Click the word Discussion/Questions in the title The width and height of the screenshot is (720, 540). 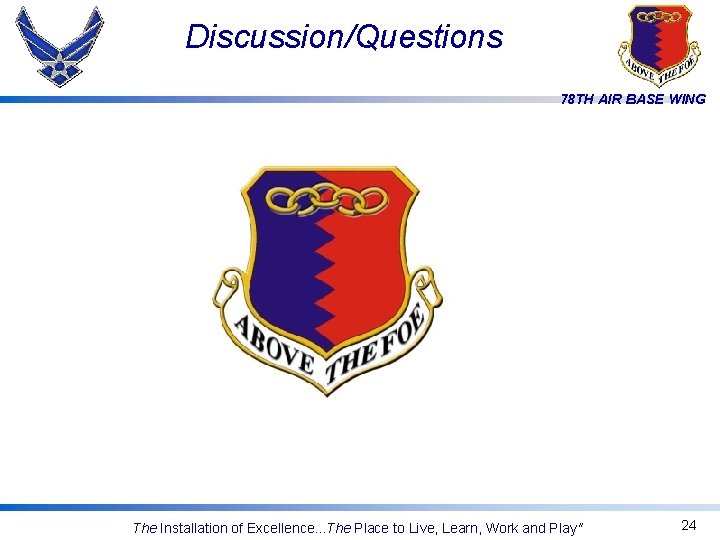(344, 37)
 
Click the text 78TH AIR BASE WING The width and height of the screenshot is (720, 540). (633, 99)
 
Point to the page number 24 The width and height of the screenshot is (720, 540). (688, 525)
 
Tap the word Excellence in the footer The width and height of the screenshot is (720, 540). (282, 528)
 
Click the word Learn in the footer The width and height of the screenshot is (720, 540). (457, 528)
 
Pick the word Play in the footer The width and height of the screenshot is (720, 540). (563, 528)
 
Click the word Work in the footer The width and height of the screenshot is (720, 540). (503, 528)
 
